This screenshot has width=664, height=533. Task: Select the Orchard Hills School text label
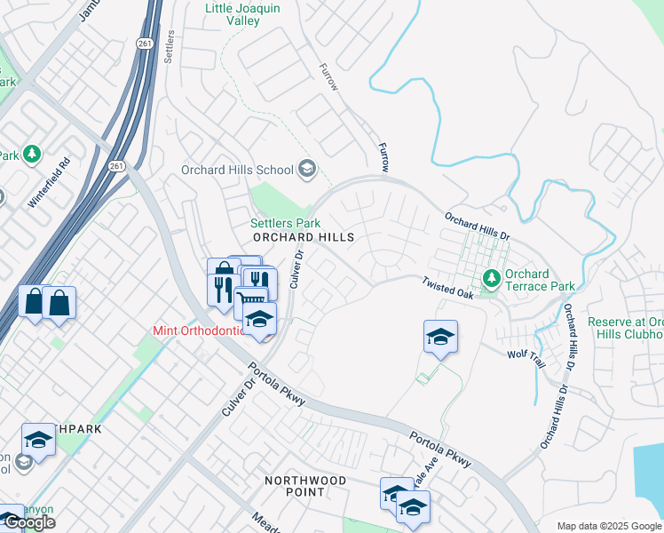[237, 170]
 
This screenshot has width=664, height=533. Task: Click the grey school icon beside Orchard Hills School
[306, 169]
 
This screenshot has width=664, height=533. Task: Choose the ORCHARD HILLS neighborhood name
[303, 238]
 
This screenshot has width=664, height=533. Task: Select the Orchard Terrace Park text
[539, 280]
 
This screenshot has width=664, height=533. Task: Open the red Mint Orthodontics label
[195, 331]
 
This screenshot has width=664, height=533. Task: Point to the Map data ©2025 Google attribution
[608, 526]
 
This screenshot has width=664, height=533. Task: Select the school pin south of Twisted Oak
[440, 337]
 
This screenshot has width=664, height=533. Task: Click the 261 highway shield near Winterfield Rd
[117, 165]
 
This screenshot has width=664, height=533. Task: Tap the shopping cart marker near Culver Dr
[252, 301]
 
